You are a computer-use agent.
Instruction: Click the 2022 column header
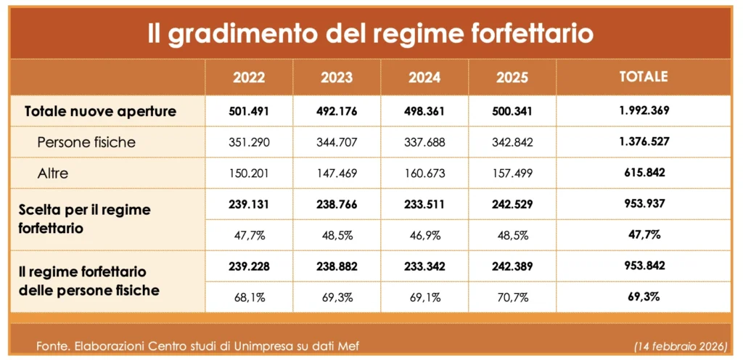point(249,78)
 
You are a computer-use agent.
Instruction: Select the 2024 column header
point(424,78)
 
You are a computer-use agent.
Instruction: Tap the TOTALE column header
point(643,77)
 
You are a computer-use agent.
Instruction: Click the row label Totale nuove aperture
point(101,112)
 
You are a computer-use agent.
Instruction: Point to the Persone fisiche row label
point(86,142)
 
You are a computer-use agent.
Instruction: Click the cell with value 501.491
point(249,112)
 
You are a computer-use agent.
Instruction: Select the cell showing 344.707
point(337,142)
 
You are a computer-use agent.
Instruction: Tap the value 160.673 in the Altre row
point(424,173)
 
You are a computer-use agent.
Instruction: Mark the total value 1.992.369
point(643,112)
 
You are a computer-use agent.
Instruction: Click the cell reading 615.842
point(643,173)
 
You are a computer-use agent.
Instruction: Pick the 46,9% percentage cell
point(424,236)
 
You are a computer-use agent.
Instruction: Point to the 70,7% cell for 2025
point(512,298)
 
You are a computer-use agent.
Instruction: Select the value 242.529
point(512,205)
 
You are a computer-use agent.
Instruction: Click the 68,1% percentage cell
point(249,298)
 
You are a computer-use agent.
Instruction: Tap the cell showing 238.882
point(337,267)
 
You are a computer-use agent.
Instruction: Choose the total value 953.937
point(643,205)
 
